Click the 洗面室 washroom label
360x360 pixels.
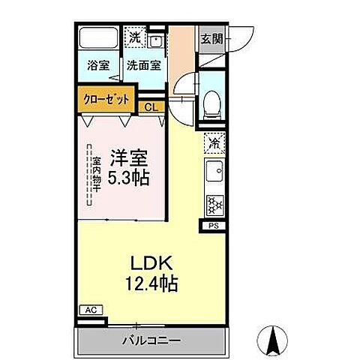142,64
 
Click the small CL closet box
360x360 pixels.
151,107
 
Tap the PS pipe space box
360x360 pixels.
211,225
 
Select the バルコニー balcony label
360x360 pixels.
151,340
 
